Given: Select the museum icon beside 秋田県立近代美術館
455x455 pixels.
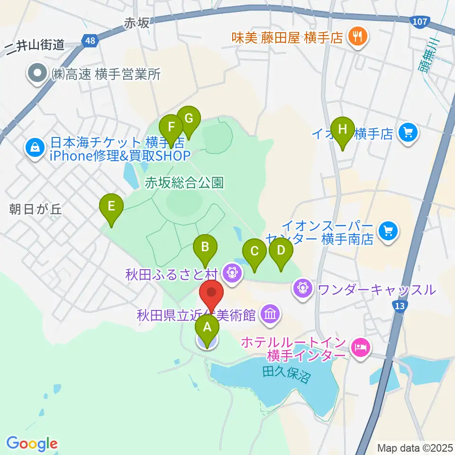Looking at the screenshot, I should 270,314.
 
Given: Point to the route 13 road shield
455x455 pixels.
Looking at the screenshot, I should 400,306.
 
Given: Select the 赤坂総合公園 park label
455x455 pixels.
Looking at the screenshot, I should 184,182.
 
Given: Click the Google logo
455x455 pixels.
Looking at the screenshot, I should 32,444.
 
